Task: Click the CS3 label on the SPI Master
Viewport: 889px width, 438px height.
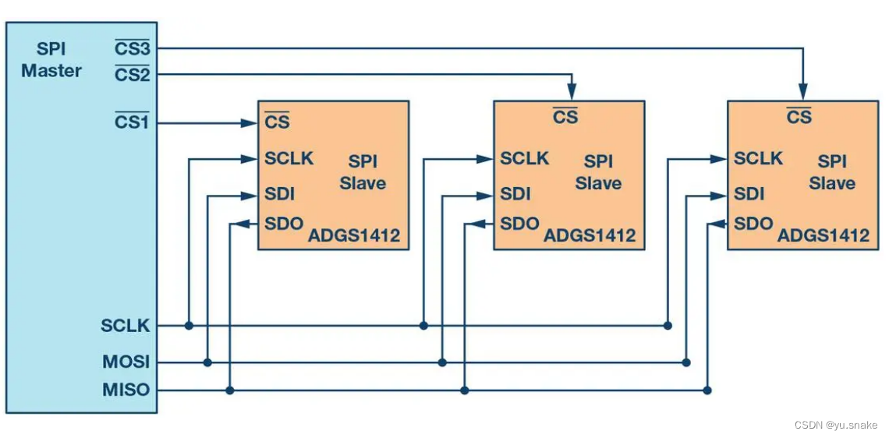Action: pyautogui.click(x=132, y=49)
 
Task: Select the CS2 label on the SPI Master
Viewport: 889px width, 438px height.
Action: pyautogui.click(x=132, y=75)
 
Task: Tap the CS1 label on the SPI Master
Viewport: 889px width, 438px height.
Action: pyautogui.click(x=132, y=122)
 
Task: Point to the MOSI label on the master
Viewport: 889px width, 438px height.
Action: pyautogui.click(x=126, y=362)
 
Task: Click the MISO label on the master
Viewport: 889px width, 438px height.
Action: pyautogui.click(x=126, y=390)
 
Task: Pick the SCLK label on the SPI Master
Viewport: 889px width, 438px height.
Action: pyautogui.click(x=125, y=326)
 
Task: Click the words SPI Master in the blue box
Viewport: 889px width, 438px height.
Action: pyautogui.click(x=51, y=60)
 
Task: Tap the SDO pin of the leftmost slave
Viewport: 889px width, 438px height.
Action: pyautogui.click(x=283, y=224)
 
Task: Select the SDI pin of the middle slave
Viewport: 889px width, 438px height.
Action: pyautogui.click(x=515, y=194)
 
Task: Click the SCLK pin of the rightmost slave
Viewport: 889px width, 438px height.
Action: pyautogui.click(x=758, y=159)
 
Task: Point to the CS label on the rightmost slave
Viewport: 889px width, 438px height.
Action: pyautogui.click(x=799, y=117)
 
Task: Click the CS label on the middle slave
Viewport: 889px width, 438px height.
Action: pyautogui.click(x=565, y=117)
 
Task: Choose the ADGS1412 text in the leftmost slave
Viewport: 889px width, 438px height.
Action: pyautogui.click(x=354, y=236)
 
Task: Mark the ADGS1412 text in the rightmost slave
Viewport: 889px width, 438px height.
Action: pyautogui.click(x=823, y=236)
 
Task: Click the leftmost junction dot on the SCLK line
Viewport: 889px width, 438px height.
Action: pyautogui.click(x=189, y=325)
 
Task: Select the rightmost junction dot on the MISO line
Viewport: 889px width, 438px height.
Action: pyautogui.click(x=707, y=390)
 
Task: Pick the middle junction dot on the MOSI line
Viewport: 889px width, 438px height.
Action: pyautogui.click(x=442, y=362)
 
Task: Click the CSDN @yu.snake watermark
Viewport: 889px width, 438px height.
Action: pyautogui.click(x=835, y=425)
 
